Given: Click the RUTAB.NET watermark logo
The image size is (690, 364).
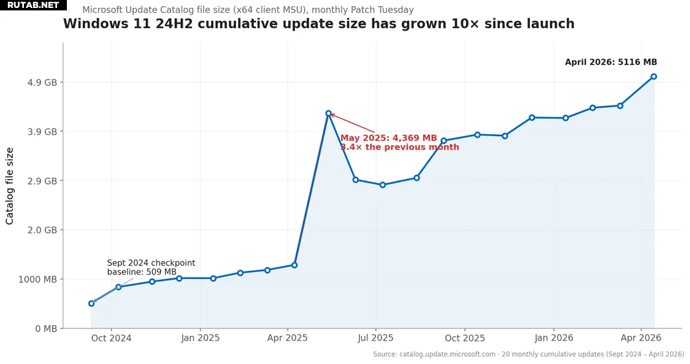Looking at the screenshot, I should pos(33,6).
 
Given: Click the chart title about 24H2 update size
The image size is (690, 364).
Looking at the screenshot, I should pos(318,25).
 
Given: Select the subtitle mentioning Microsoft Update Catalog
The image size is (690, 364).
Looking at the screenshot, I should pos(248,10).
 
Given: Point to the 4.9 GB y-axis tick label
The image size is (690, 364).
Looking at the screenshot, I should pos(42,83).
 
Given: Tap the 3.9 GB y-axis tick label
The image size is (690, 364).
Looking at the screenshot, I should pos(42,132).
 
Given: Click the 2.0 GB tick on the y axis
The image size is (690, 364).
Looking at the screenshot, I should pos(42,230).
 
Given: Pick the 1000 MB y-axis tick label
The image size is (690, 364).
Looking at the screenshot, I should pos(38,279).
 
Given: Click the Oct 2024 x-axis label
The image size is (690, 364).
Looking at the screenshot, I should pos(111,338).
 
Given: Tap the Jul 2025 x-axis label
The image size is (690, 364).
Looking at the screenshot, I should pos(375,338).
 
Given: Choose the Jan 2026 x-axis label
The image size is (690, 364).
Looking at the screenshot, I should pos(553,338).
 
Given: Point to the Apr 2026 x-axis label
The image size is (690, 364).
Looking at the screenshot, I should pos(641,338).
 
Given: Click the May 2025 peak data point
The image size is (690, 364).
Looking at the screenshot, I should pos(328,113).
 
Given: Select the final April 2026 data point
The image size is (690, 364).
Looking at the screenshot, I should pos(654,77).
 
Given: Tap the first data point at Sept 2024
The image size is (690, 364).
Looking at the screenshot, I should pos(91,303).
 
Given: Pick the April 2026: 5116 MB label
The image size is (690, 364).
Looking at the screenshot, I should pos(610,63).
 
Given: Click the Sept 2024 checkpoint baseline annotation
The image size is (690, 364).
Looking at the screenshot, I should pos(151,268).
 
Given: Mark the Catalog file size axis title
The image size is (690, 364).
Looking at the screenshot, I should pos(10,186).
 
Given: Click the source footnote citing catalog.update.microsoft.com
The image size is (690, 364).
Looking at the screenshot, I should pos(528,354).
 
